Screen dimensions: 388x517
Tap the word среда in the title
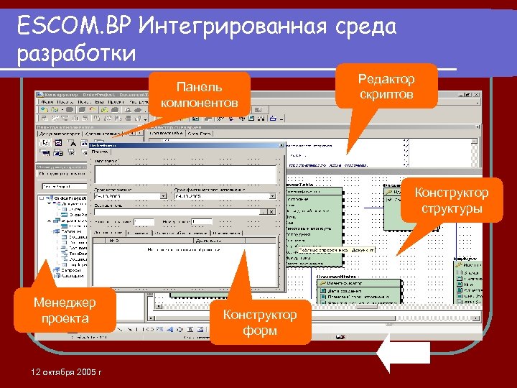pyautogui.click(x=363, y=27)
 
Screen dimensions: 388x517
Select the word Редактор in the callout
pyautogui.click(x=387, y=78)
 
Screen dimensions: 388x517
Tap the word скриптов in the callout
pyautogui.click(x=387, y=94)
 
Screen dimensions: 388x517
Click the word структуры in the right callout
pyautogui.click(x=452, y=208)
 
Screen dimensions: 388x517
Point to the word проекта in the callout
pyautogui.click(x=65, y=318)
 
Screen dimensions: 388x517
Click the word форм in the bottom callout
pyautogui.click(x=259, y=331)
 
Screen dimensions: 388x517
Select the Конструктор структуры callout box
pyautogui.click(x=452, y=200)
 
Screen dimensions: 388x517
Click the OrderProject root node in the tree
pyautogui.click(x=68, y=198)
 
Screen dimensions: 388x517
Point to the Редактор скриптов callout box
pyautogui.click(x=387, y=86)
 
